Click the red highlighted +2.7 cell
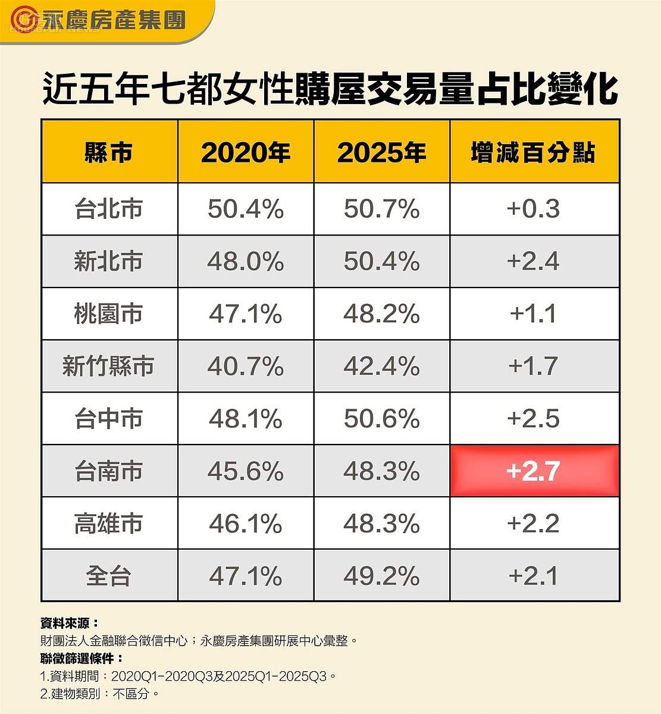click(534, 471)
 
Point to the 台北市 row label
click(109, 209)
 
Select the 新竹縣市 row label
click(109, 367)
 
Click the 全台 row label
click(109, 576)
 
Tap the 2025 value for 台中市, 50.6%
click(381, 419)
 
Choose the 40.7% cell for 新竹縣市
click(245, 367)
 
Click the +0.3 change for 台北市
click(534, 209)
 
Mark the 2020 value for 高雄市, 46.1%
click(245, 524)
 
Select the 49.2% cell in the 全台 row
click(381, 576)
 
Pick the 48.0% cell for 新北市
click(245, 262)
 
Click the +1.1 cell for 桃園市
click(534, 314)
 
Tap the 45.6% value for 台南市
click(245, 471)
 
